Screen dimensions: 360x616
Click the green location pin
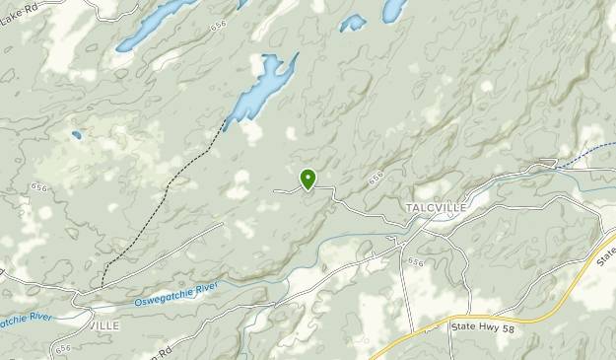coord(308,179)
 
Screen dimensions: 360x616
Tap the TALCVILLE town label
coord(435,208)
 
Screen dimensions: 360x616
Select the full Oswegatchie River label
coord(174,293)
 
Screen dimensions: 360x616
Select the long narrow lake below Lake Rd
coord(158,24)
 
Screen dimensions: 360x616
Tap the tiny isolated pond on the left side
coord(76,135)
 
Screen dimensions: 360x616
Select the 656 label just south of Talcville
coord(415,261)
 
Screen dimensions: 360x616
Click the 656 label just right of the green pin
coord(376,179)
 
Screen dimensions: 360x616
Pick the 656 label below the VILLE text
coord(65,348)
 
